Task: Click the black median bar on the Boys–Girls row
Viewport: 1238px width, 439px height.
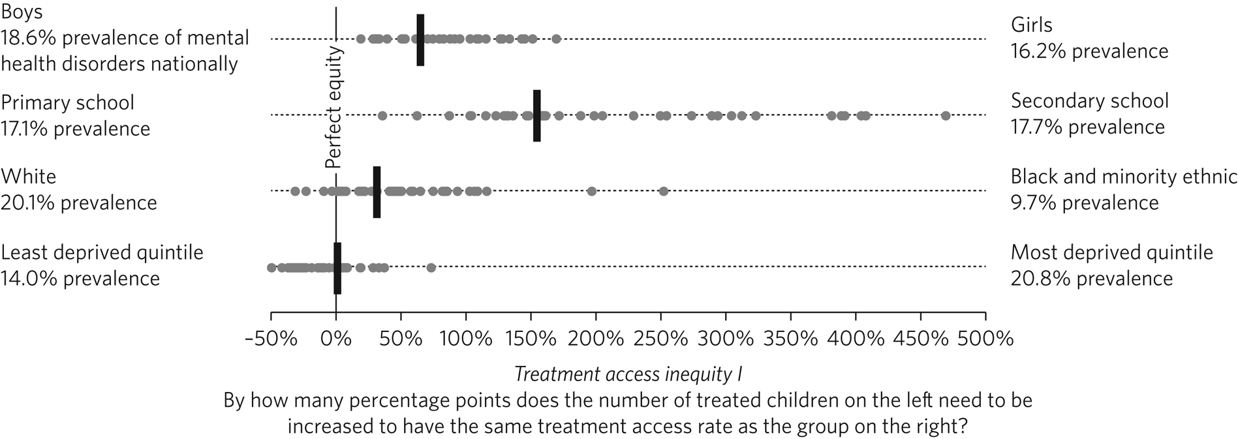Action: pyautogui.click(x=420, y=40)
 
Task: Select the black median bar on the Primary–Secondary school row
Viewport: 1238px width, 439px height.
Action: pyautogui.click(x=536, y=115)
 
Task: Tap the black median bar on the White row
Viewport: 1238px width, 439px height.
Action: pyautogui.click(x=377, y=192)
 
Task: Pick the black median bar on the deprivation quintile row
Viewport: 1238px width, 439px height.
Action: pyautogui.click(x=337, y=267)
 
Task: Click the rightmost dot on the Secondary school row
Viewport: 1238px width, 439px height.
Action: pyautogui.click(x=946, y=115)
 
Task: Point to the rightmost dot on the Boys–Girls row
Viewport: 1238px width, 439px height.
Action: pyautogui.click(x=556, y=39)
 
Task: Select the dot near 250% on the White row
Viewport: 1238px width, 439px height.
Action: pyautogui.click(x=664, y=191)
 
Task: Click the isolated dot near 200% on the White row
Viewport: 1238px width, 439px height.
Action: pyautogui.click(x=591, y=191)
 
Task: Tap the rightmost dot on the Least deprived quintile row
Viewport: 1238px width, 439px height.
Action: pyautogui.click(x=431, y=267)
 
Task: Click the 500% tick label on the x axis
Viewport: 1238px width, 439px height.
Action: pyautogui.click(x=985, y=339)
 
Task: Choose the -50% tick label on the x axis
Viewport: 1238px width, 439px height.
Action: pyautogui.click(x=270, y=339)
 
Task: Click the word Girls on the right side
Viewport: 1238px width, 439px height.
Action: pyautogui.click(x=1031, y=25)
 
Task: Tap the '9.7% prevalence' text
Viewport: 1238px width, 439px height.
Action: pyautogui.click(x=1084, y=203)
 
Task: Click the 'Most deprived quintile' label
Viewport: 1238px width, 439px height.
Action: pyautogui.click(x=1111, y=252)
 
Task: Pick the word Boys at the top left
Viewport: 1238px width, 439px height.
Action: pyautogui.click(x=22, y=13)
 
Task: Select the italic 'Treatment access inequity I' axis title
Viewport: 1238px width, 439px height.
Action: pyautogui.click(x=628, y=374)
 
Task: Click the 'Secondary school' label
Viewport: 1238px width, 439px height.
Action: pyautogui.click(x=1089, y=101)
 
